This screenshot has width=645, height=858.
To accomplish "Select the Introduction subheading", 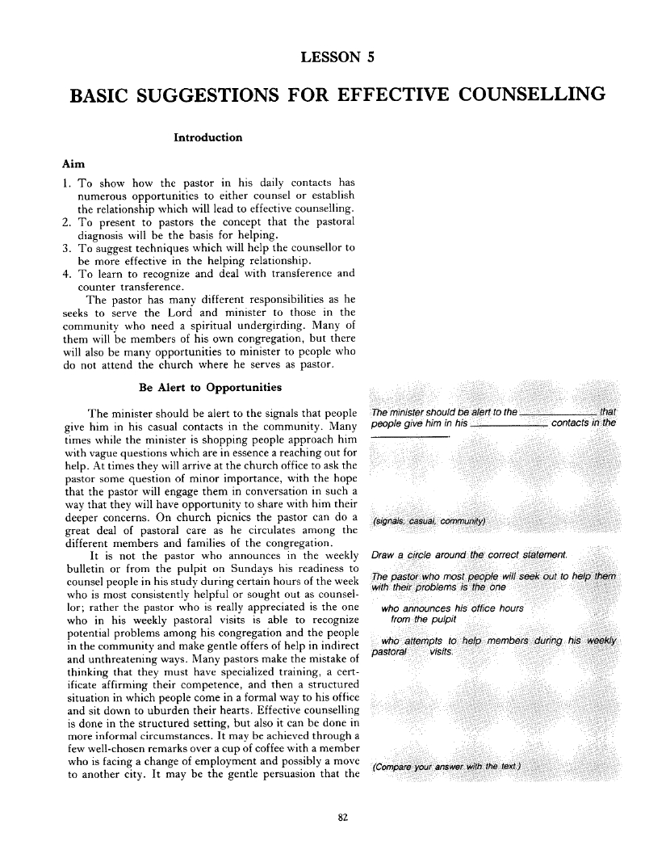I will point(207,137).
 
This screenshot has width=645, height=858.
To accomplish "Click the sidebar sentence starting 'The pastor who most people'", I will point(492,579).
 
